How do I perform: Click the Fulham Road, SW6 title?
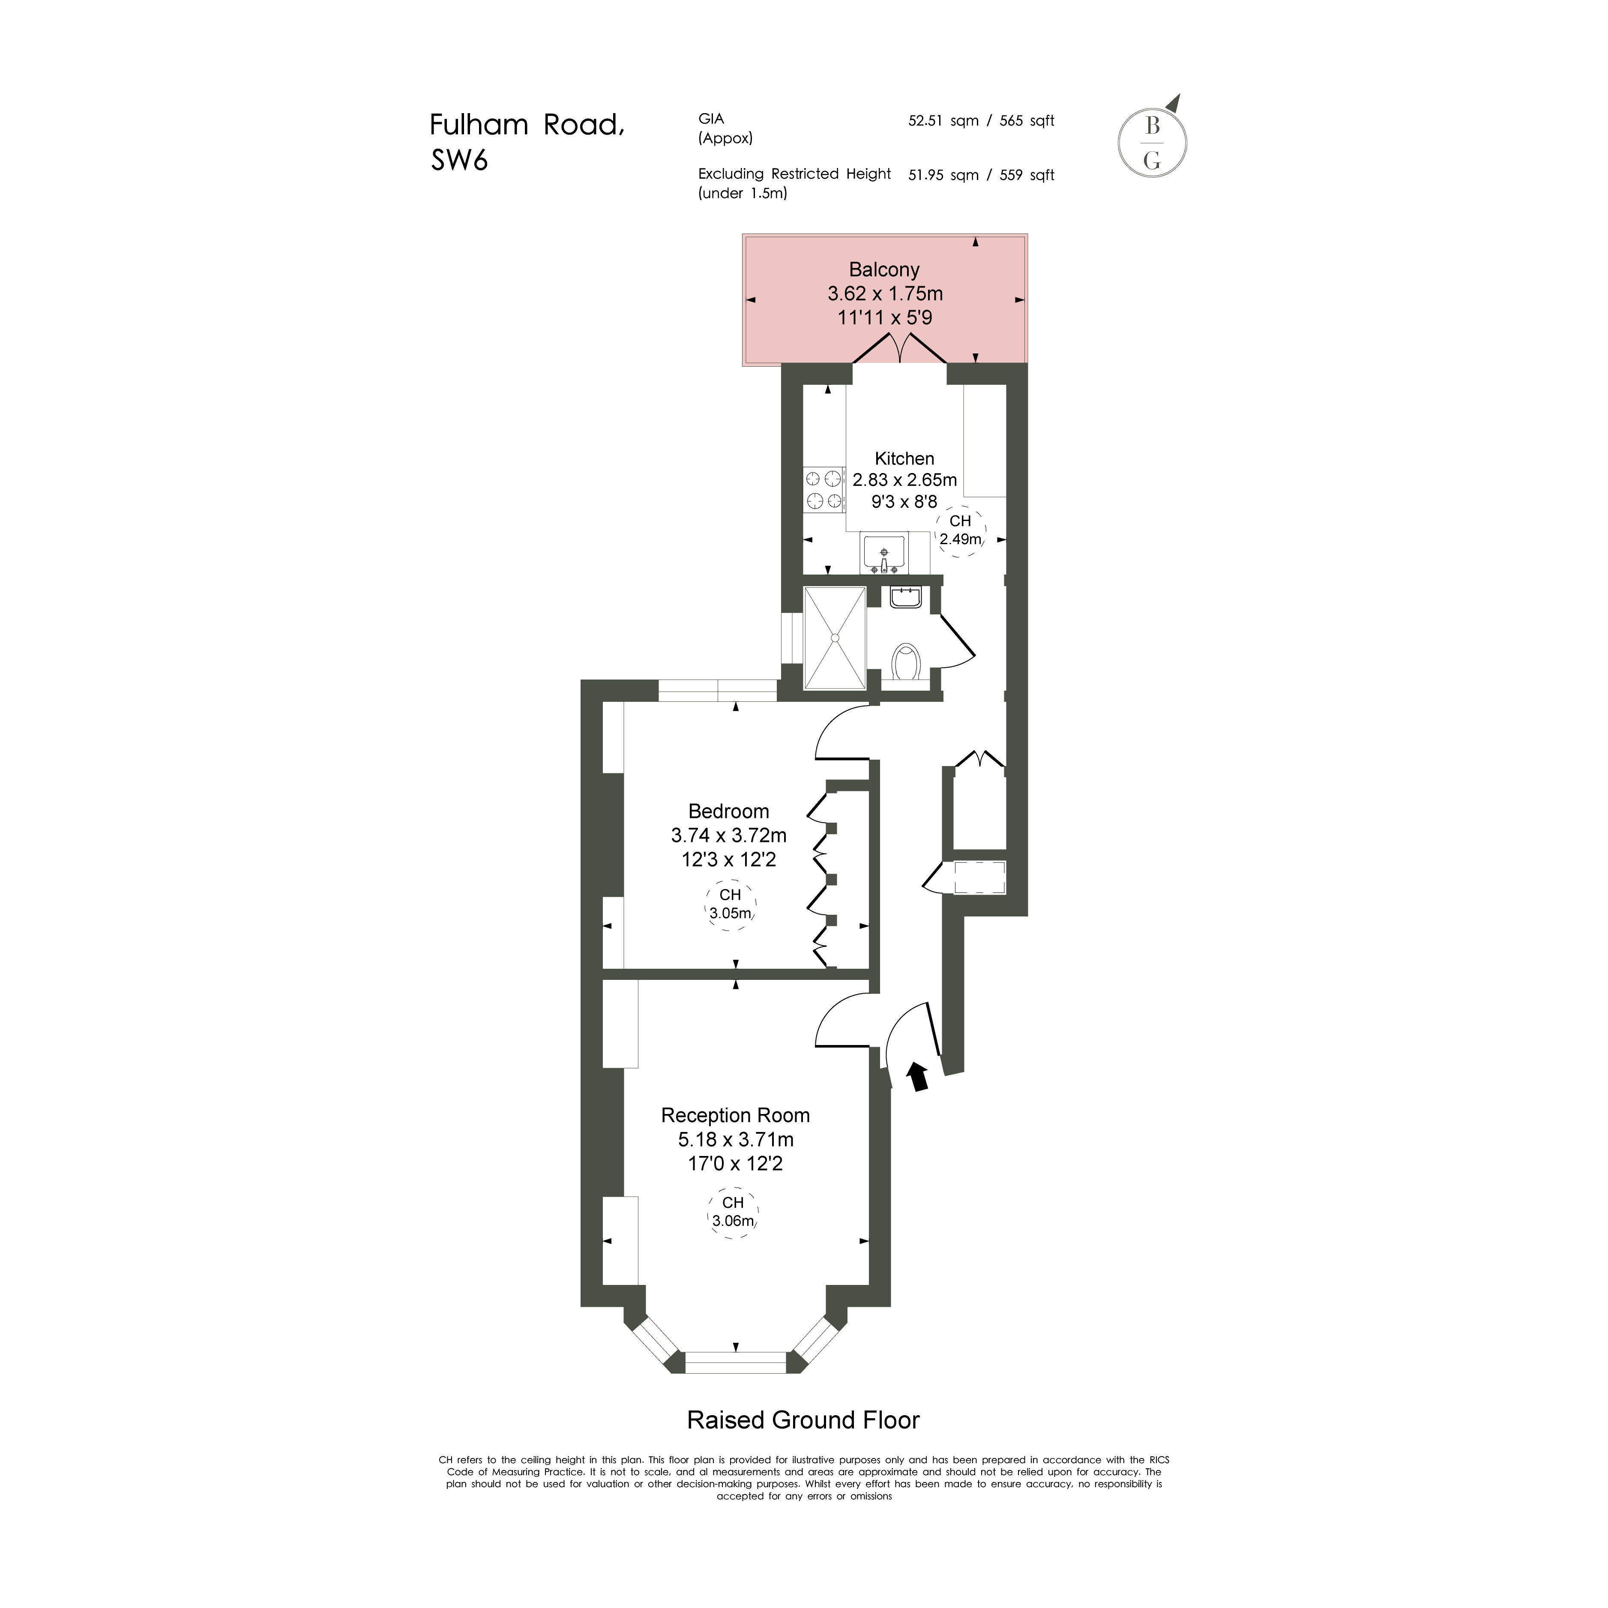tap(527, 141)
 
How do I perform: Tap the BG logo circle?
tap(1152, 143)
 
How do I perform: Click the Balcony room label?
tap(884, 269)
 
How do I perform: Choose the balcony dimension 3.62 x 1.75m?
tap(885, 294)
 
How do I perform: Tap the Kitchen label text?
tap(905, 458)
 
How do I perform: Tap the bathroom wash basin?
tap(905, 597)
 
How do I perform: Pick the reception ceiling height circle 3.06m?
tap(732, 1212)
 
